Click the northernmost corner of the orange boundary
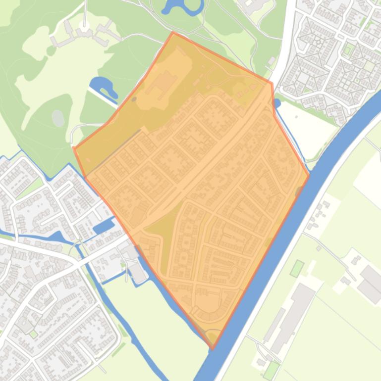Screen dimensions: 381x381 (x=173, y=33)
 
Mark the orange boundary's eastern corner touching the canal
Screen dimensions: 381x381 (x=309, y=175)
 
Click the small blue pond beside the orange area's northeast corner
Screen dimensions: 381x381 (x=276, y=103)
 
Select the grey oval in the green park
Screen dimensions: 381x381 (x=58, y=118)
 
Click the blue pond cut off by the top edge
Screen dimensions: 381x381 (x=182, y=6)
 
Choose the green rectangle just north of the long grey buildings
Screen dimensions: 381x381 (x=297, y=268)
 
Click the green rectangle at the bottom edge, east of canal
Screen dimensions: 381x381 (x=271, y=370)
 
